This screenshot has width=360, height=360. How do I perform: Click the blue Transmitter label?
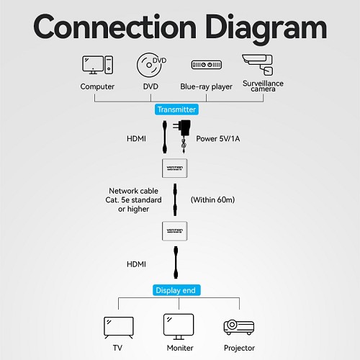(x=176, y=109)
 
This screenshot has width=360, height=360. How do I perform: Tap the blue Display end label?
(x=176, y=290)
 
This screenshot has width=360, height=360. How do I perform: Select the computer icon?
(x=97, y=65)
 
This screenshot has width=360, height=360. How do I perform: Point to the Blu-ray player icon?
(x=207, y=65)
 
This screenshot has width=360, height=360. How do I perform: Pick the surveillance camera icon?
(x=258, y=65)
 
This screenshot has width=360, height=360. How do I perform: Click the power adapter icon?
(x=182, y=136)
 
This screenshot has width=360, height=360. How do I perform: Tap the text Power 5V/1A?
(x=218, y=139)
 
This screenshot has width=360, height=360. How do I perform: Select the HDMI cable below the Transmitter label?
(x=165, y=137)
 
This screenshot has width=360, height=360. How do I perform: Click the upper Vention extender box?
(x=175, y=168)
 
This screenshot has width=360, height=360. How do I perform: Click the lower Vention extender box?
(x=175, y=231)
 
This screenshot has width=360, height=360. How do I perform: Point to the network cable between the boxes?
(x=175, y=199)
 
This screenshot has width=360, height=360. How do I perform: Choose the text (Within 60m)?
(x=212, y=199)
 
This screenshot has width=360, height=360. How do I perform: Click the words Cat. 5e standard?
(x=133, y=200)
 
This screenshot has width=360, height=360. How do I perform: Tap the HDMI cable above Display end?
(x=176, y=262)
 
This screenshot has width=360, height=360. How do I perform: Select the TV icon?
(x=119, y=328)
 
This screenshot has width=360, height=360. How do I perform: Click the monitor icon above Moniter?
(x=179, y=326)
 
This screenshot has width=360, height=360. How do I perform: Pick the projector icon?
(x=239, y=328)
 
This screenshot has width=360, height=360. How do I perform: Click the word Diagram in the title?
(x=266, y=27)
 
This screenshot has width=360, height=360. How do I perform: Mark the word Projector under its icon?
(x=239, y=348)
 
